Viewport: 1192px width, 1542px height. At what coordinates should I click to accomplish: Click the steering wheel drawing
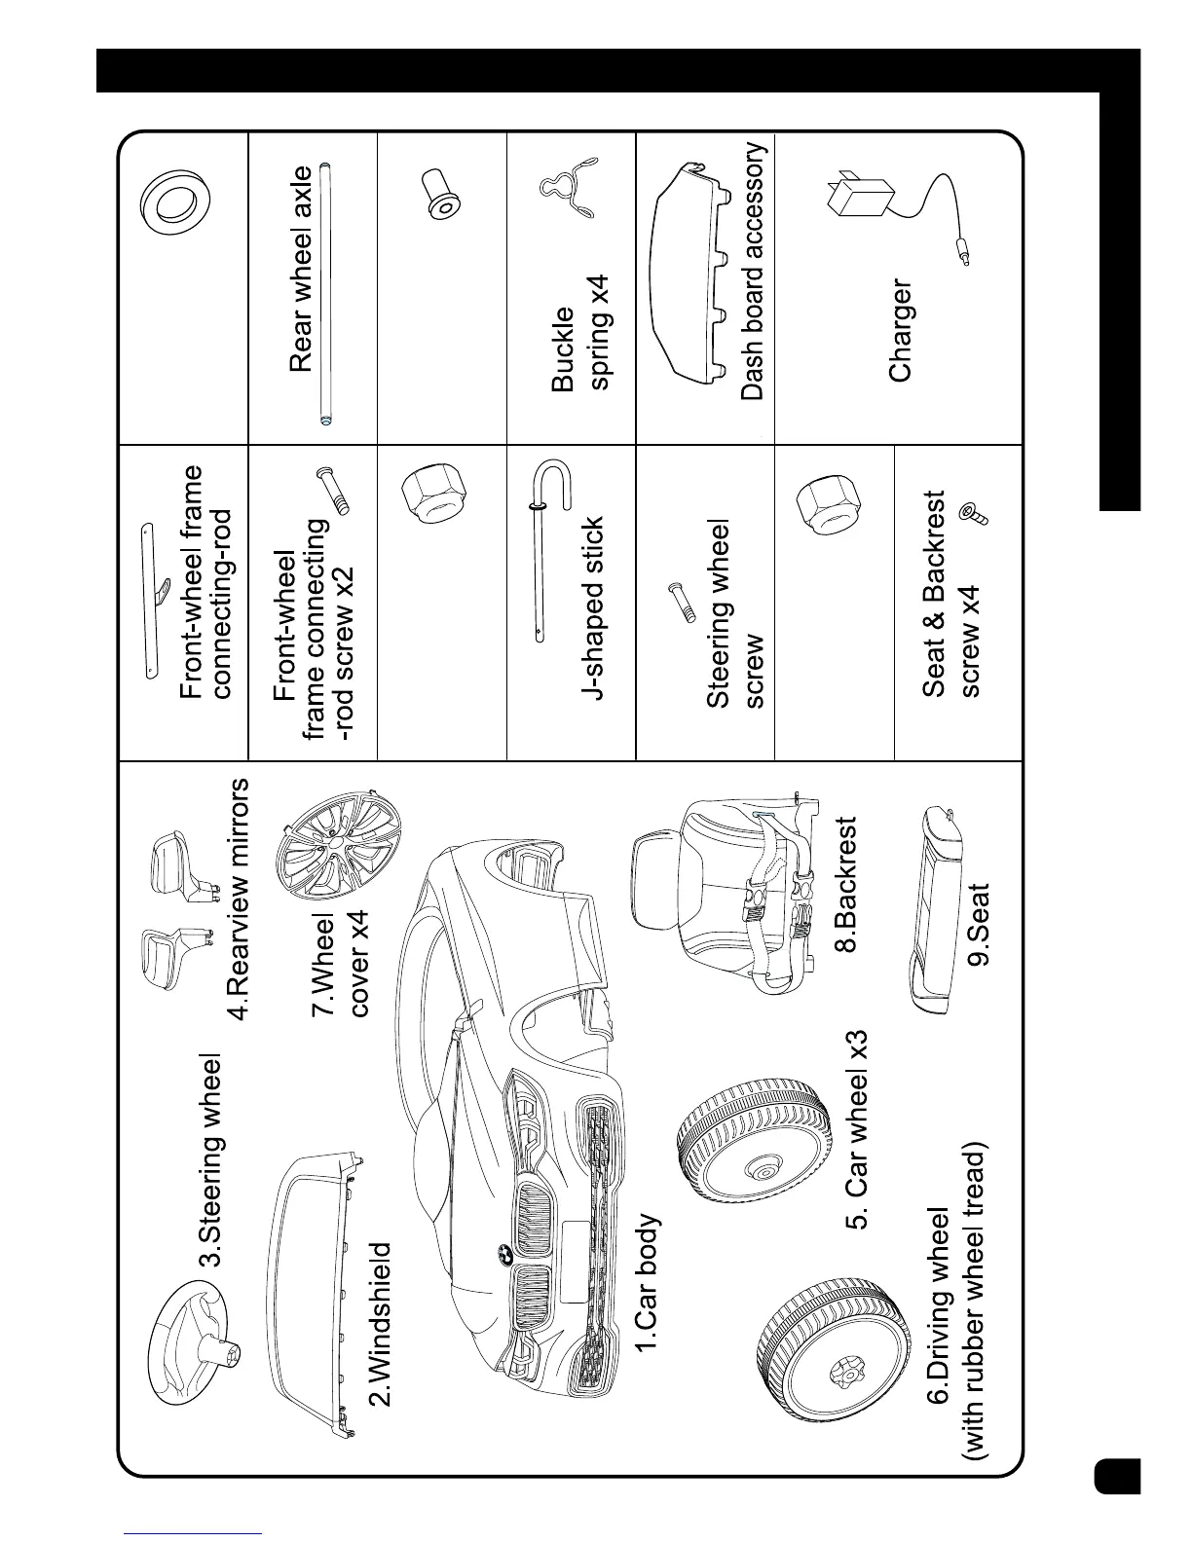[185, 1330]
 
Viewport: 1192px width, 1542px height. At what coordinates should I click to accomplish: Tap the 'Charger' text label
[901, 331]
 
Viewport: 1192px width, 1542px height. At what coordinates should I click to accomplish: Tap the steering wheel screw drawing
[682, 602]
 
